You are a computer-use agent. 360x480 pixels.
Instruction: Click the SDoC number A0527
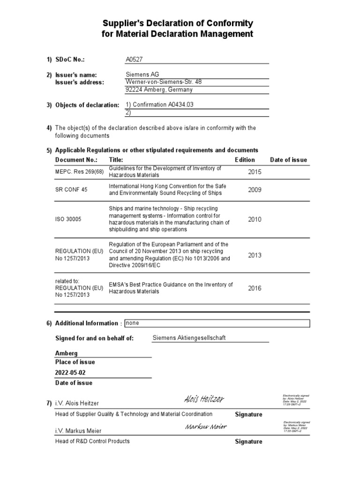(x=134, y=60)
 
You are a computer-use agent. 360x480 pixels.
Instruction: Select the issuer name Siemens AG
(x=142, y=75)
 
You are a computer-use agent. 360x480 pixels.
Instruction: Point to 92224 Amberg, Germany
(x=159, y=90)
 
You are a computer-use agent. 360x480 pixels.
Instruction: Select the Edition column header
(x=245, y=160)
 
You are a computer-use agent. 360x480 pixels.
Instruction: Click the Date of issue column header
(x=288, y=160)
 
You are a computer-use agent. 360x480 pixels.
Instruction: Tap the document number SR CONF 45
(x=71, y=190)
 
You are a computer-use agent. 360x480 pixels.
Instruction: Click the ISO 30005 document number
(x=68, y=219)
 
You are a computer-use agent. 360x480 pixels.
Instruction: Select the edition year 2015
(x=255, y=172)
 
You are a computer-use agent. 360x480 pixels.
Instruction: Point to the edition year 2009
(x=255, y=190)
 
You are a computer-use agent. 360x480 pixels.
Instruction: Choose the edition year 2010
(x=255, y=219)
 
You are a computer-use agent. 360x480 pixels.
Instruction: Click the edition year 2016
(x=255, y=288)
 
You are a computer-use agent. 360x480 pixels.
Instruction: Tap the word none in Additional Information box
(x=132, y=323)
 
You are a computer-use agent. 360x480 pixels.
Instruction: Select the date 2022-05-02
(x=70, y=373)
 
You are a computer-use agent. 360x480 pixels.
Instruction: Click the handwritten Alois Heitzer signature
(x=204, y=399)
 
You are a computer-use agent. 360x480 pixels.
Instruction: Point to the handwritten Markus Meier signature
(x=206, y=427)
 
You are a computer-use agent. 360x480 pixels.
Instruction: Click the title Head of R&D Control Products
(x=92, y=441)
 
